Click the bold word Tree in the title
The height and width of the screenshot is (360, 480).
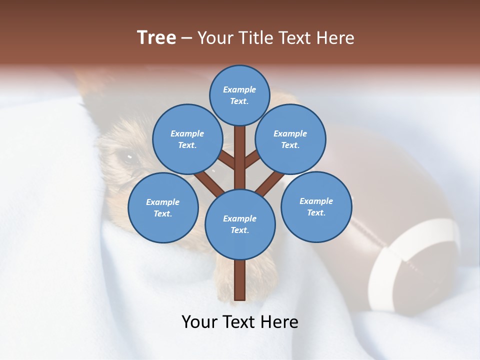156,37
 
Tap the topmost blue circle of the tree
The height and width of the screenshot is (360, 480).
239,95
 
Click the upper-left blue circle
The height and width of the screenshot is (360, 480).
187,139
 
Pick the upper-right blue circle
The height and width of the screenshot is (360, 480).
290,139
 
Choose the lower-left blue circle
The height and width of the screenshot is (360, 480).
162,207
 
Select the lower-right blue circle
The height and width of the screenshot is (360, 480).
316,206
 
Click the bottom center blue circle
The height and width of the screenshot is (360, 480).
239,224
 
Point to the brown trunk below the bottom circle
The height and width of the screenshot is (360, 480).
239,280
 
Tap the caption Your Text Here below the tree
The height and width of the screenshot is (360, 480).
239,322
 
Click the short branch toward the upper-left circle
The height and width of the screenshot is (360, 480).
226,160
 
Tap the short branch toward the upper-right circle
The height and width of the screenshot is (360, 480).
252,159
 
